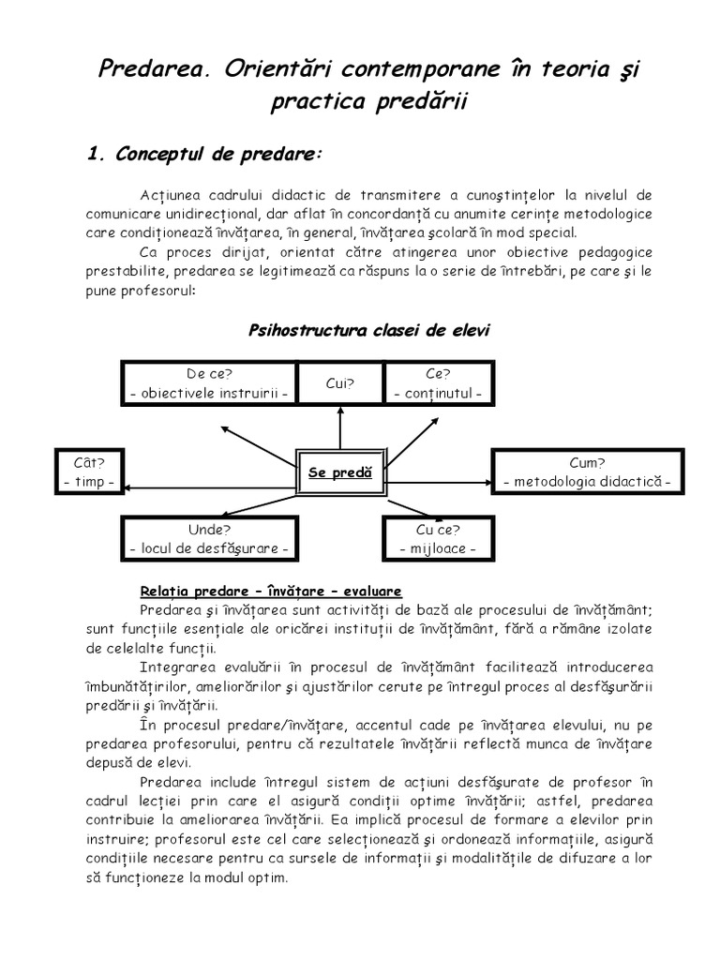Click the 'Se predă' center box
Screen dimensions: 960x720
340,473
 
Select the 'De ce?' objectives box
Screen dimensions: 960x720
210,383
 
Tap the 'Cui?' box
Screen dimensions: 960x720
339,383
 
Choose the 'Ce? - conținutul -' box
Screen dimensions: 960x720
439,383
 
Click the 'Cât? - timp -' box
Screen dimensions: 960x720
88,472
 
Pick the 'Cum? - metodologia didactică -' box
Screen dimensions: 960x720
588,472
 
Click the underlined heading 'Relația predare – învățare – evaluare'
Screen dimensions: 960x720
271,591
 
